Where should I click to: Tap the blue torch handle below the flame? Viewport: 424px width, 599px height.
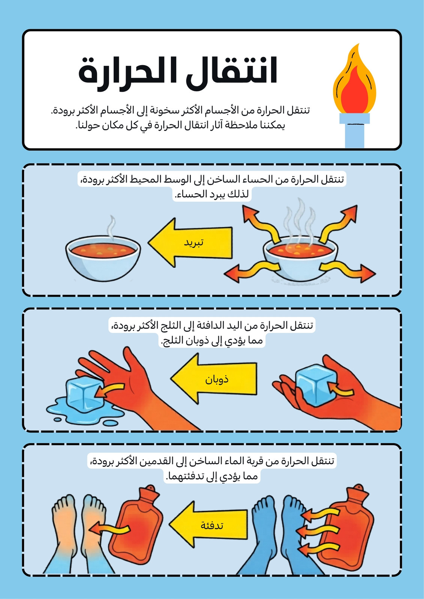pyautogui.click(x=355, y=131)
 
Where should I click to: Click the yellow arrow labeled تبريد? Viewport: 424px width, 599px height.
pyautogui.click(x=190, y=242)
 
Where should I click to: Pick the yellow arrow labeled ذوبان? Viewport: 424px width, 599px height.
pyautogui.click(x=213, y=378)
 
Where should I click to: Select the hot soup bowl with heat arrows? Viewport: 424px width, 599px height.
pyautogui.click(x=300, y=257)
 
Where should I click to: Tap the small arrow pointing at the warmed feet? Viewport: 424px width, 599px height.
pyautogui.click(x=109, y=529)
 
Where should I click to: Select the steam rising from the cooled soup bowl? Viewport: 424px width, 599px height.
pyautogui.click(x=111, y=227)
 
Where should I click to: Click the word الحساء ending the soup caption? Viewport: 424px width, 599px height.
pyautogui.click(x=187, y=194)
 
